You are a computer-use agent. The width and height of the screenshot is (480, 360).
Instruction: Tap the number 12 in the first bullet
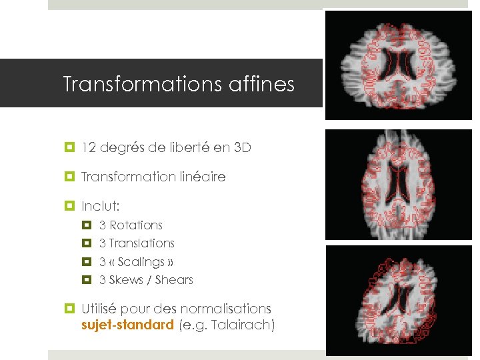89,148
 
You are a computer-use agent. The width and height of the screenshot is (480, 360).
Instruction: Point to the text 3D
243,148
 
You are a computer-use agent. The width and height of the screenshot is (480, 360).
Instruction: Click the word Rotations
136,225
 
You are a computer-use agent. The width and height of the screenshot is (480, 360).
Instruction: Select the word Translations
141,243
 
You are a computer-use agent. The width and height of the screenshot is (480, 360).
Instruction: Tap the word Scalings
141,262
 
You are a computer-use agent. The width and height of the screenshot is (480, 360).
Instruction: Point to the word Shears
174,280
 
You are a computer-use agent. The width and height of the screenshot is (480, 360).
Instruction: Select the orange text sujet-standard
127,325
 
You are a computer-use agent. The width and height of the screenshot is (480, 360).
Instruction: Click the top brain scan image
398,65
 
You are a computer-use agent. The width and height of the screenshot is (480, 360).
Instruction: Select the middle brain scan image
398,184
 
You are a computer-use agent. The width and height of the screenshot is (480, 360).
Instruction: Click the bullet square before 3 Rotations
86,225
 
